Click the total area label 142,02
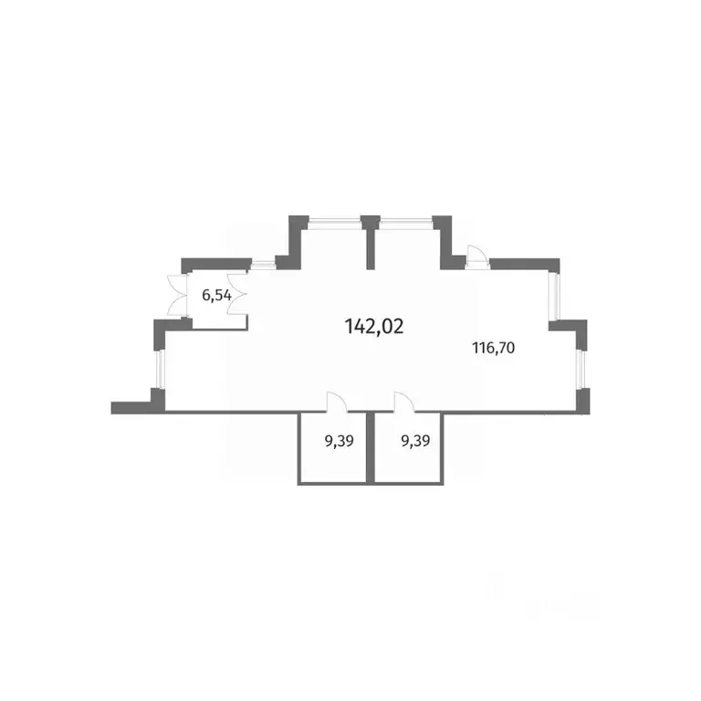373,327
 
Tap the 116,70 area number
494,348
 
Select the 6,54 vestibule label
216,296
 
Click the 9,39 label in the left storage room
339,441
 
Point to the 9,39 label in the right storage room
415,441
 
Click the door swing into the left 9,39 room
337,402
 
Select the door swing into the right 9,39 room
404,402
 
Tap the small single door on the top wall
476,256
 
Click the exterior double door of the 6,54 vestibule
175,296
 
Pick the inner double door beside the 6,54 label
238,294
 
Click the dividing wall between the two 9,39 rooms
371,447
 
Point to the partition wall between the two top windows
371,243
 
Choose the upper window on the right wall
554,296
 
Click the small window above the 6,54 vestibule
263,265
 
